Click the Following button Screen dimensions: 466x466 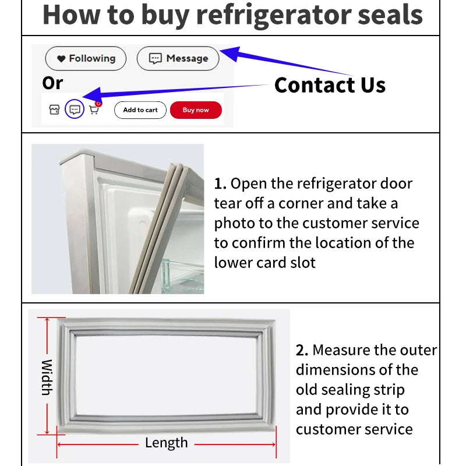86,58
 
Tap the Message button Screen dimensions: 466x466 178,58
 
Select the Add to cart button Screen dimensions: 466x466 140,110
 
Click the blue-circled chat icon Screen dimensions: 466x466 74,110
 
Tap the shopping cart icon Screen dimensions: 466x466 94,110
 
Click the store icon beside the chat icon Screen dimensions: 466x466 54,110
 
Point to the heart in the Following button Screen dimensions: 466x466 61,59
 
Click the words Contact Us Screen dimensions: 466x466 330,85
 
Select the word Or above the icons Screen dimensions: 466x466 52,83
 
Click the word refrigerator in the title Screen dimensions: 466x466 273,15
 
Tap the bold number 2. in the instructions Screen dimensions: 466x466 302,351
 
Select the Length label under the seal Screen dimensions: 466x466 166,443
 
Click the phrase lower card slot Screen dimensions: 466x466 264,263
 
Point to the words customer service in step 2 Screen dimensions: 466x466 354,430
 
